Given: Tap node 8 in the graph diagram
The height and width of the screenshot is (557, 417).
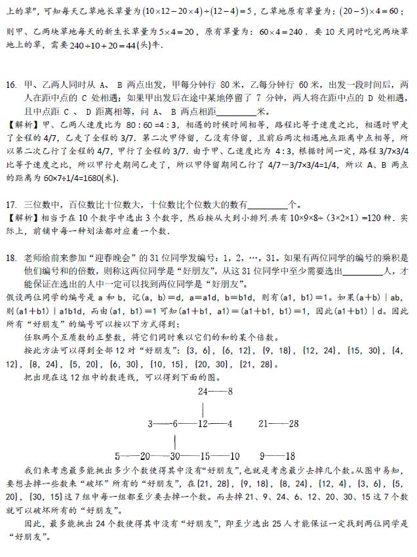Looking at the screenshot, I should (x=231, y=392).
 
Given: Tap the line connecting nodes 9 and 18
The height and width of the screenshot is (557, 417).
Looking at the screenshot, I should (x=276, y=455).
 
